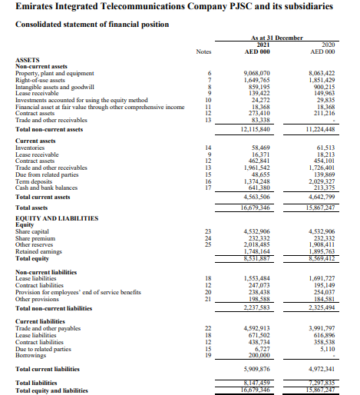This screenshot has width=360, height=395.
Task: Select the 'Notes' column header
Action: click(203, 52)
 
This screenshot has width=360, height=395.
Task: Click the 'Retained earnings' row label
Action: click(39, 252)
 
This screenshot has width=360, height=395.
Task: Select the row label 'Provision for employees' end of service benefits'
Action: click(78, 292)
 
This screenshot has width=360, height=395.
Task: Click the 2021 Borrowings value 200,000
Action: click(257, 356)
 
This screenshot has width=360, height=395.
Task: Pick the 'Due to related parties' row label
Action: click(44, 350)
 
